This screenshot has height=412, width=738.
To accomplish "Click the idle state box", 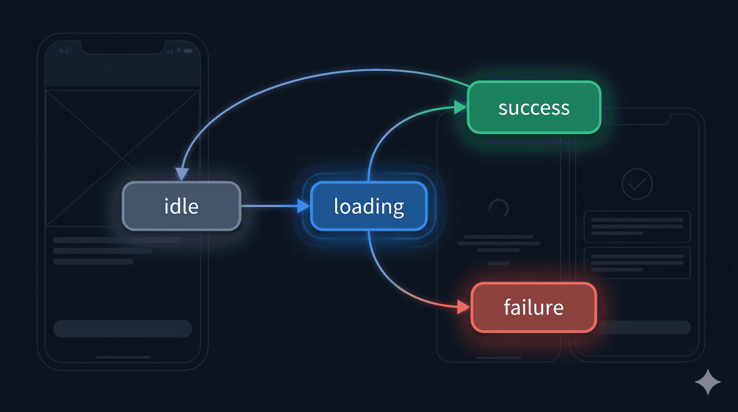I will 181,206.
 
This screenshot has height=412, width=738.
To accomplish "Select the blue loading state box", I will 369,206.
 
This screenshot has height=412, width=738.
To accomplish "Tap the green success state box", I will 534,107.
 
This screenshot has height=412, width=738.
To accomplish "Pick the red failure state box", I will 534,307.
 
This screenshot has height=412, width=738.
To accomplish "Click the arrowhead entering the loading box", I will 304,205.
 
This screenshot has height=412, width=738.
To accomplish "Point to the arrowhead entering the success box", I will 460,108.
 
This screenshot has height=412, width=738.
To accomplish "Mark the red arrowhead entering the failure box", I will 463,308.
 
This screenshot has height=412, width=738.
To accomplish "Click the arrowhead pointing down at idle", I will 182,174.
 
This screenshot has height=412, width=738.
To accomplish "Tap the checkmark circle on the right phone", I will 637,185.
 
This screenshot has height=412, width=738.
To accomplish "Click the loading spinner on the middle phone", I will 499,209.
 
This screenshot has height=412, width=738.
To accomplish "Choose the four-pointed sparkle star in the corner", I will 708,382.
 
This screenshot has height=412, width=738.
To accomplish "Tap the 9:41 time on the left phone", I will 65,51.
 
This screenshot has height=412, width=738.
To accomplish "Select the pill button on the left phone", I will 123,328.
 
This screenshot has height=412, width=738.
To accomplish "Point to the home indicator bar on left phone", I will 123,356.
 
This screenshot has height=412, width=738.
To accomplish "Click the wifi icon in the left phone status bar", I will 178,51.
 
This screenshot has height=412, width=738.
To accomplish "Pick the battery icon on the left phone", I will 188,51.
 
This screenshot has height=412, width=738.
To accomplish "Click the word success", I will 534,108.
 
